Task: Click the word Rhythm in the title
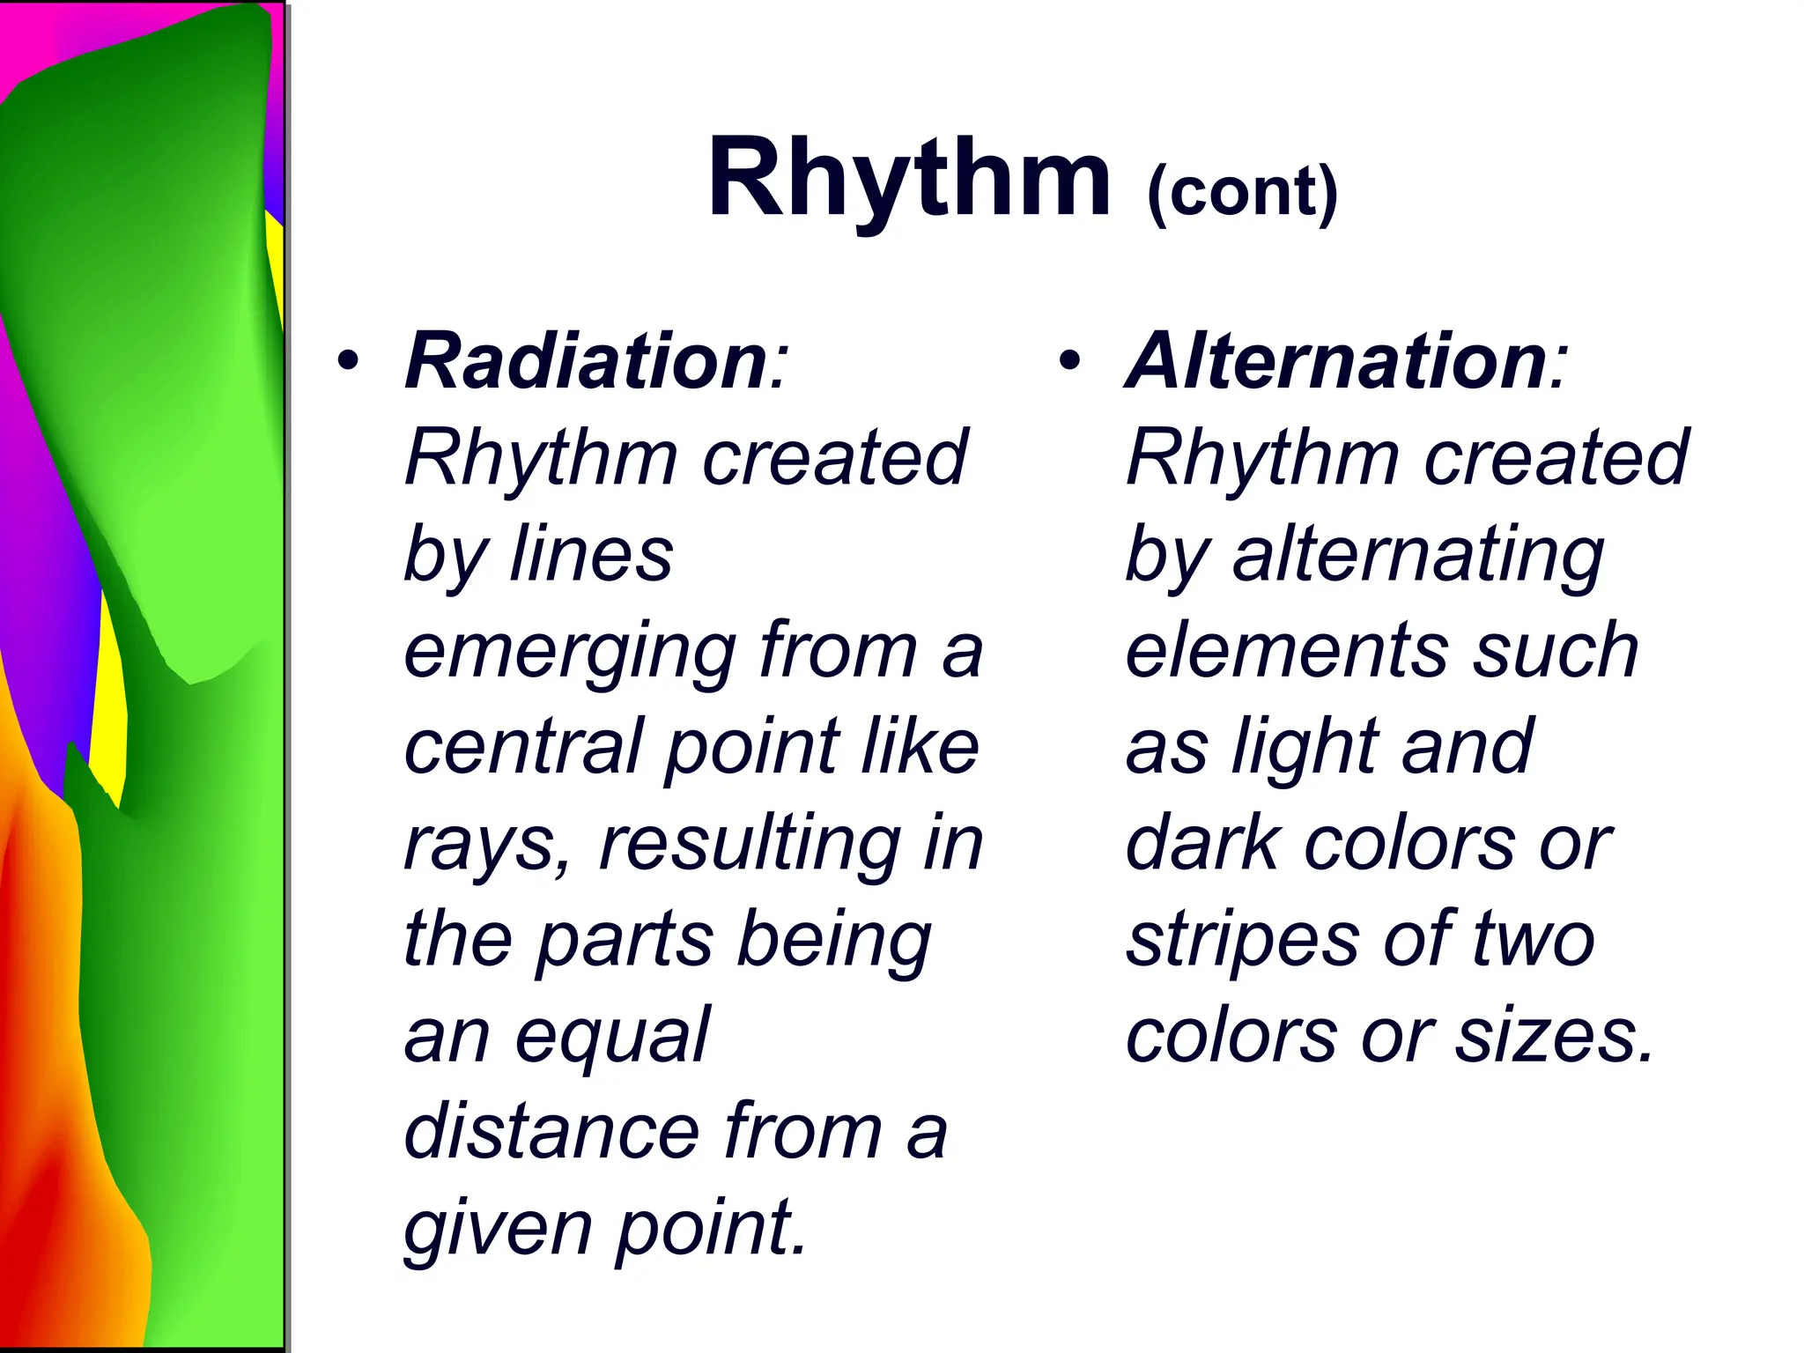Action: coord(909,180)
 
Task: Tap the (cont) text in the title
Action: coord(1242,192)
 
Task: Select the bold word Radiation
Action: coord(586,361)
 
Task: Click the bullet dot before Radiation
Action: coord(349,361)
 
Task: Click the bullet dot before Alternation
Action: coord(1070,361)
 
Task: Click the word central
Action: coord(521,747)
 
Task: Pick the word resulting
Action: coord(749,844)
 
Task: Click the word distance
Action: coord(551,1131)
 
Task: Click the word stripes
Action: coord(1242,941)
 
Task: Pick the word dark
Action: coord(1202,844)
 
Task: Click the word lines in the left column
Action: coord(591,555)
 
